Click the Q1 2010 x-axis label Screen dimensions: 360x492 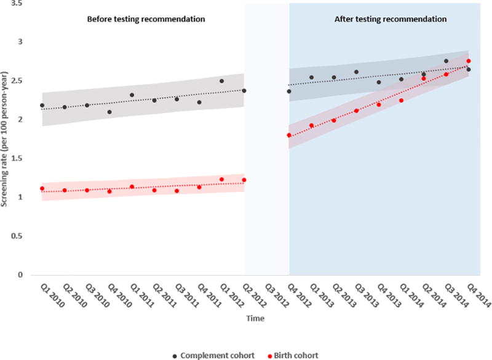click(39, 295)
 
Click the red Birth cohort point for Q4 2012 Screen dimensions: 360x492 click(289, 135)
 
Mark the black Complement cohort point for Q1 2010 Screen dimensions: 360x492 click(42, 105)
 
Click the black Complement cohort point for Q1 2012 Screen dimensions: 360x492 click(221, 81)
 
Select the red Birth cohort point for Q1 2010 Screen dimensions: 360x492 click(42, 188)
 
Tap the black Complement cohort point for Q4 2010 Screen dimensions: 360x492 click(109, 112)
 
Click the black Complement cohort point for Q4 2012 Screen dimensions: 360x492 click(289, 91)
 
